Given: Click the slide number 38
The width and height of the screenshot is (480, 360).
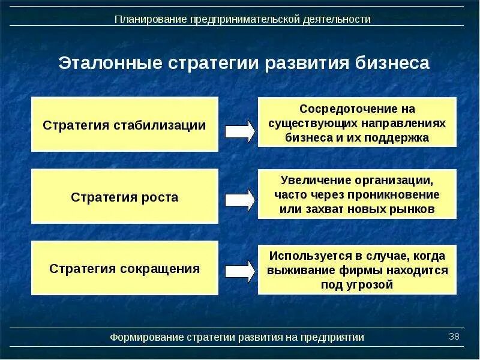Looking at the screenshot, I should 454,336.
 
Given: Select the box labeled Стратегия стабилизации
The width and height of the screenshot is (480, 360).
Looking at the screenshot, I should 125,125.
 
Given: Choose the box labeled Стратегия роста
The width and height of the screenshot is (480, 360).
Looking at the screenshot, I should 125,197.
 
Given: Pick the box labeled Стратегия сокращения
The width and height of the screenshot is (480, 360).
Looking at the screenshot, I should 125,268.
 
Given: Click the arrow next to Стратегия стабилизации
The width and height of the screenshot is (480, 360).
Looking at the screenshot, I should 239,130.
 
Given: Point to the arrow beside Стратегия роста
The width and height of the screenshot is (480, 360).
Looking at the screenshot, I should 239,199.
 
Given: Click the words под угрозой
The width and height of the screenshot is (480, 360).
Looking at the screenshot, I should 357,284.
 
